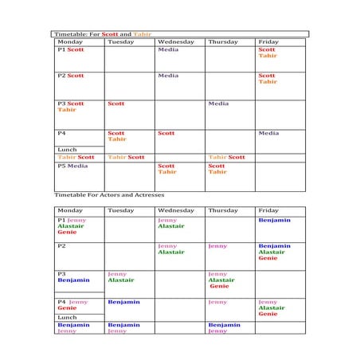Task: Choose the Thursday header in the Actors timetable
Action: (x=222, y=211)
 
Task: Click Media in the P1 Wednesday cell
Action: (x=168, y=49)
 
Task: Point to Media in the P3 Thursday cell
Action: (x=218, y=104)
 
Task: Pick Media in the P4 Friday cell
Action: (x=268, y=133)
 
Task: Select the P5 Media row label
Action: (x=72, y=166)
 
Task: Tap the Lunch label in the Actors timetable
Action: (x=67, y=317)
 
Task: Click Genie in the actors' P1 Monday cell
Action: (x=67, y=232)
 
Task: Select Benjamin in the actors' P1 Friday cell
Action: (x=274, y=220)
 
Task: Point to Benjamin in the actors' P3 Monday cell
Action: (x=73, y=280)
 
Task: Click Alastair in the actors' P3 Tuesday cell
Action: (x=120, y=280)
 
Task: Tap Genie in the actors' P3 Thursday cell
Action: (x=220, y=286)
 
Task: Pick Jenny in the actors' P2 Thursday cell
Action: (x=217, y=247)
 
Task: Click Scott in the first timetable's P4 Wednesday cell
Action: (x=166, y=133)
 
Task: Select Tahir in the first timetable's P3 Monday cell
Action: (x=66, y=110)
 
